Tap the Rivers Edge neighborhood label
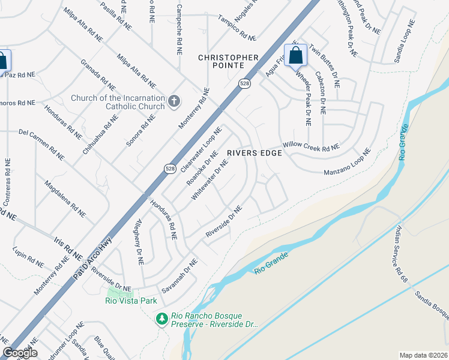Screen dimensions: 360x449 [255, 153]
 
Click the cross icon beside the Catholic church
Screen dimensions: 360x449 [174, 101]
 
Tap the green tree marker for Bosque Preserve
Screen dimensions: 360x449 [161, 319]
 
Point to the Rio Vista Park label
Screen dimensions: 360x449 [130, 301]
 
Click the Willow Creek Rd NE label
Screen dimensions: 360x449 [310, 146]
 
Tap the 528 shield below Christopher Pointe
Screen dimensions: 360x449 [243, 85]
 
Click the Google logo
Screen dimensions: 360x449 [20, 353]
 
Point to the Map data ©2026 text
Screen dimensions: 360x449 [424, 355]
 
